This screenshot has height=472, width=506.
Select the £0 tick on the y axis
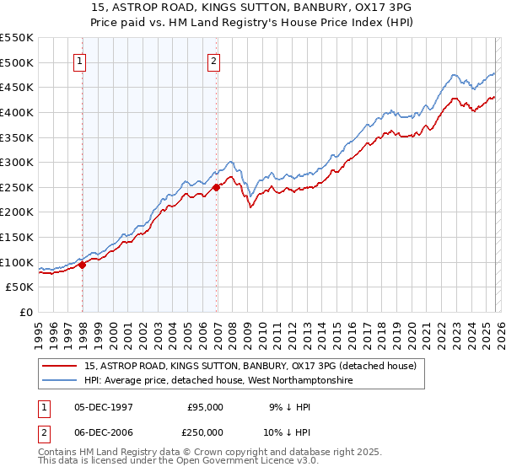[x=27, y=312]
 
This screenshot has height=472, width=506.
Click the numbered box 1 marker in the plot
[x=79, y=61]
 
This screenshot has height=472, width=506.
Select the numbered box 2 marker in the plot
[x=214, y=61]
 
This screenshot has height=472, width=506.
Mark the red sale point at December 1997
[x=83, y=265]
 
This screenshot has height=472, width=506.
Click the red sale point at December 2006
[x=217, y=187]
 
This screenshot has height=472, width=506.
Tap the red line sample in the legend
[x=60, y=366]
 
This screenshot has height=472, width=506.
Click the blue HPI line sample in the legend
[x=60, y=381]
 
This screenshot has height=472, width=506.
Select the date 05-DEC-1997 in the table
[x=104, y=406]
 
